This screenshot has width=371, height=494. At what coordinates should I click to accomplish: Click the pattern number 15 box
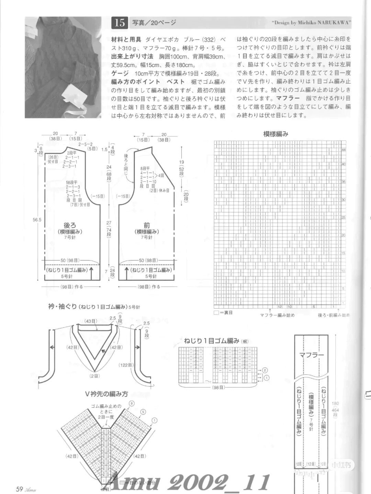pyautogui.click(x=120, y=23)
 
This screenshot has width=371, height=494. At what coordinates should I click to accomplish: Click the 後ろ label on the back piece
pyautogui.click(x=70, y=226)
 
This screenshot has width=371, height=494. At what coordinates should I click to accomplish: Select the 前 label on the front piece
pyautogui.click(x=147, y=225)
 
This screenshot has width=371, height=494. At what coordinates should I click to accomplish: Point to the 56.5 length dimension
pyautogui.click(x=37, y=220)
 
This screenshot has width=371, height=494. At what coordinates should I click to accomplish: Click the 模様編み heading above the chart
pyautogui.click(x=275, y=134)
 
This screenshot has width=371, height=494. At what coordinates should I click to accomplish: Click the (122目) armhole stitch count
pyautogui.click(x=126, y=365)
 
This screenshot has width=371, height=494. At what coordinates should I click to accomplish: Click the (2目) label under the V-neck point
pyautogui.click(x=94, y=376)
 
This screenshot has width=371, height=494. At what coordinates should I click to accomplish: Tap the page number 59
pyautogui.click(x=19, y=489)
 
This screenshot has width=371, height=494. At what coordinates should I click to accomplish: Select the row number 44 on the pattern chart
pyautogui.click(x=343, y=150)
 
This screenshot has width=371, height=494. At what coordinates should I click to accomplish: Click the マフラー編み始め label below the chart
pyautogui.click(x=277, y=315)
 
